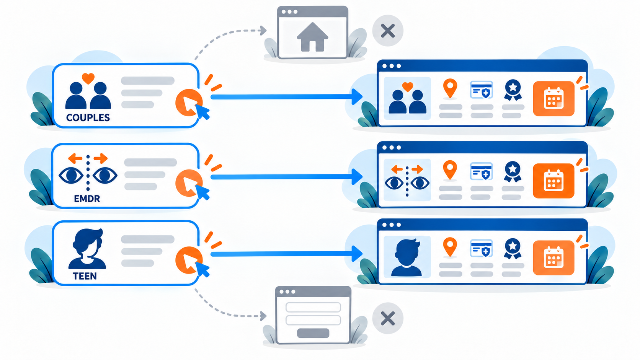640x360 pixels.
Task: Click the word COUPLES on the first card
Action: pos(88,117)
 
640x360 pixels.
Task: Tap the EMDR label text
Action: pos(87,199)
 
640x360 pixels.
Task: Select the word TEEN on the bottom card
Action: pos(85,276)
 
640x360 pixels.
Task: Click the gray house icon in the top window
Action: pos(313,37)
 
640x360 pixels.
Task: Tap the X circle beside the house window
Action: pos(388,31)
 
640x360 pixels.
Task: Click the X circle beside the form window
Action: pos(388,318)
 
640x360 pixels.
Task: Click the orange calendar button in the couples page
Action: pos(554,99)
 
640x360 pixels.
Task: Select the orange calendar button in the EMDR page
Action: pos(554,181)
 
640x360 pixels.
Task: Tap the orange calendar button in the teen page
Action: pos(554,258)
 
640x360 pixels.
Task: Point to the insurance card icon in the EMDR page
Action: pos(482,171)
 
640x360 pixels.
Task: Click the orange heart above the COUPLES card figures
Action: pos(88,78)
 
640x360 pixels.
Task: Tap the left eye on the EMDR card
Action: pos(71,175)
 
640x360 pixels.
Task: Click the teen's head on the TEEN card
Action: pos(88,242)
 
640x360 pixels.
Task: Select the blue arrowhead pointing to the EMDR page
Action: pos(357,177)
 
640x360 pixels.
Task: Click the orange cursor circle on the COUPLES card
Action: pos(188,103)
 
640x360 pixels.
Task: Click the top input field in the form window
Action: pos(313,308)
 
